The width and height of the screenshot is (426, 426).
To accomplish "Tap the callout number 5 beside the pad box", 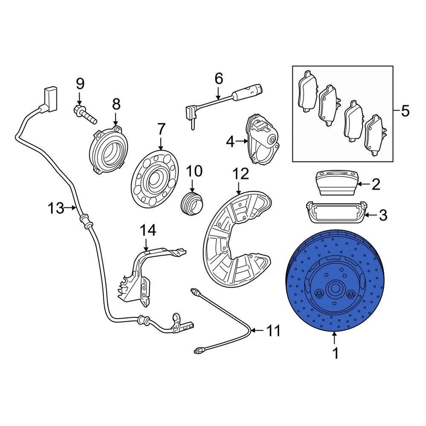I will (405, 111).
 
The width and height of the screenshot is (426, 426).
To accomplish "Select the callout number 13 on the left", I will (56, 208).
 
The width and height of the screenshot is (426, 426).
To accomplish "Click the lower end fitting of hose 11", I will (199, 351).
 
